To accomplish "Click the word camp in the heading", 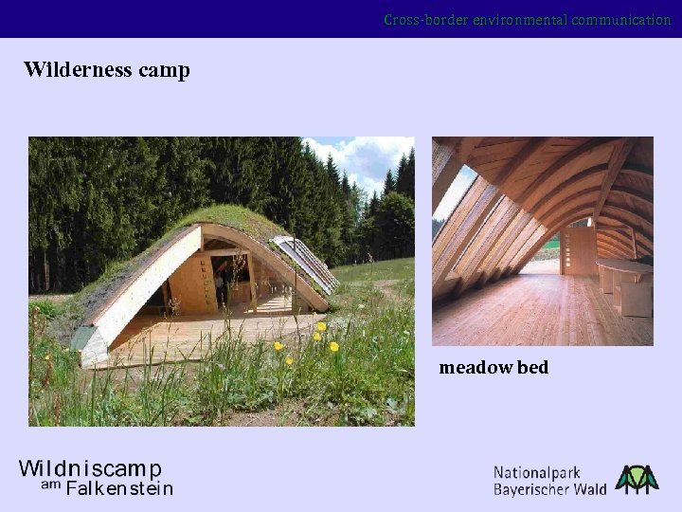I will click(x=165, y=71).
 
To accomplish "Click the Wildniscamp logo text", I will click(x=90, y=469).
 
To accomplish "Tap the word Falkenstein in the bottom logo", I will click(x=119, y=489).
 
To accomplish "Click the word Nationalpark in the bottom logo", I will click(x=536, y=472).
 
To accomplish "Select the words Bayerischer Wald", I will click(x=549, y=489).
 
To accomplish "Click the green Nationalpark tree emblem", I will click(x=637, y=479).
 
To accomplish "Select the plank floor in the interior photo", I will click(x=530, y=313).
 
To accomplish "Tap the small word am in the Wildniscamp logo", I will click(x=50, y=485).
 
